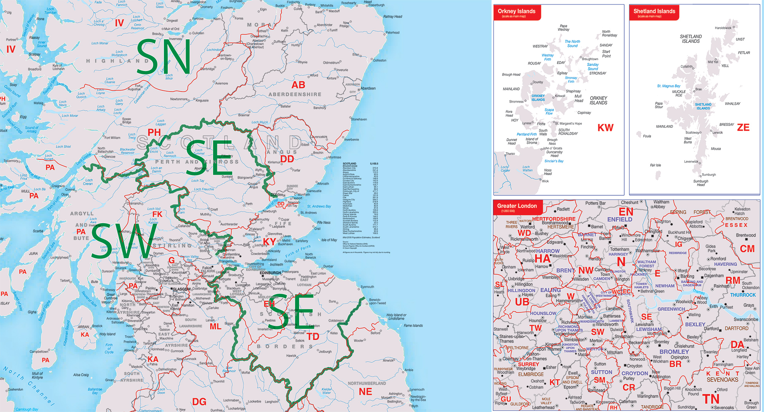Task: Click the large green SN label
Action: pos(163,58)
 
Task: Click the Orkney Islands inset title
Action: pos(516,11)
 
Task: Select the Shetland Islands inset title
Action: pos(654,11)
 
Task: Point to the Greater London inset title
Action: pos(517,206)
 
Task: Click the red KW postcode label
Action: pos(605,128)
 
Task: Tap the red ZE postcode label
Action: pos(743,127)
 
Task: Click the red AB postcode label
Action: pos(298,85)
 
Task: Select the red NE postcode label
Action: pos(365,392)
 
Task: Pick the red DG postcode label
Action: pos(199,402)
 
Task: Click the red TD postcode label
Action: pos(313,336)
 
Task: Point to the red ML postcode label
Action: pos(215,327)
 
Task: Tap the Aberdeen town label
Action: pos(368,89)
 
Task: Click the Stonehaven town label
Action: pos(359,119)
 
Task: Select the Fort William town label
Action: pos(112,138)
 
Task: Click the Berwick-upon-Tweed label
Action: pos(377,301)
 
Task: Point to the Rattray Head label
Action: pos(393,17)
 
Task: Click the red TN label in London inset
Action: pos(711,399)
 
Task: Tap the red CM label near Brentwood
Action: pos(747,249)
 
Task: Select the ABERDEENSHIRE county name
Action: pos(295,94)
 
